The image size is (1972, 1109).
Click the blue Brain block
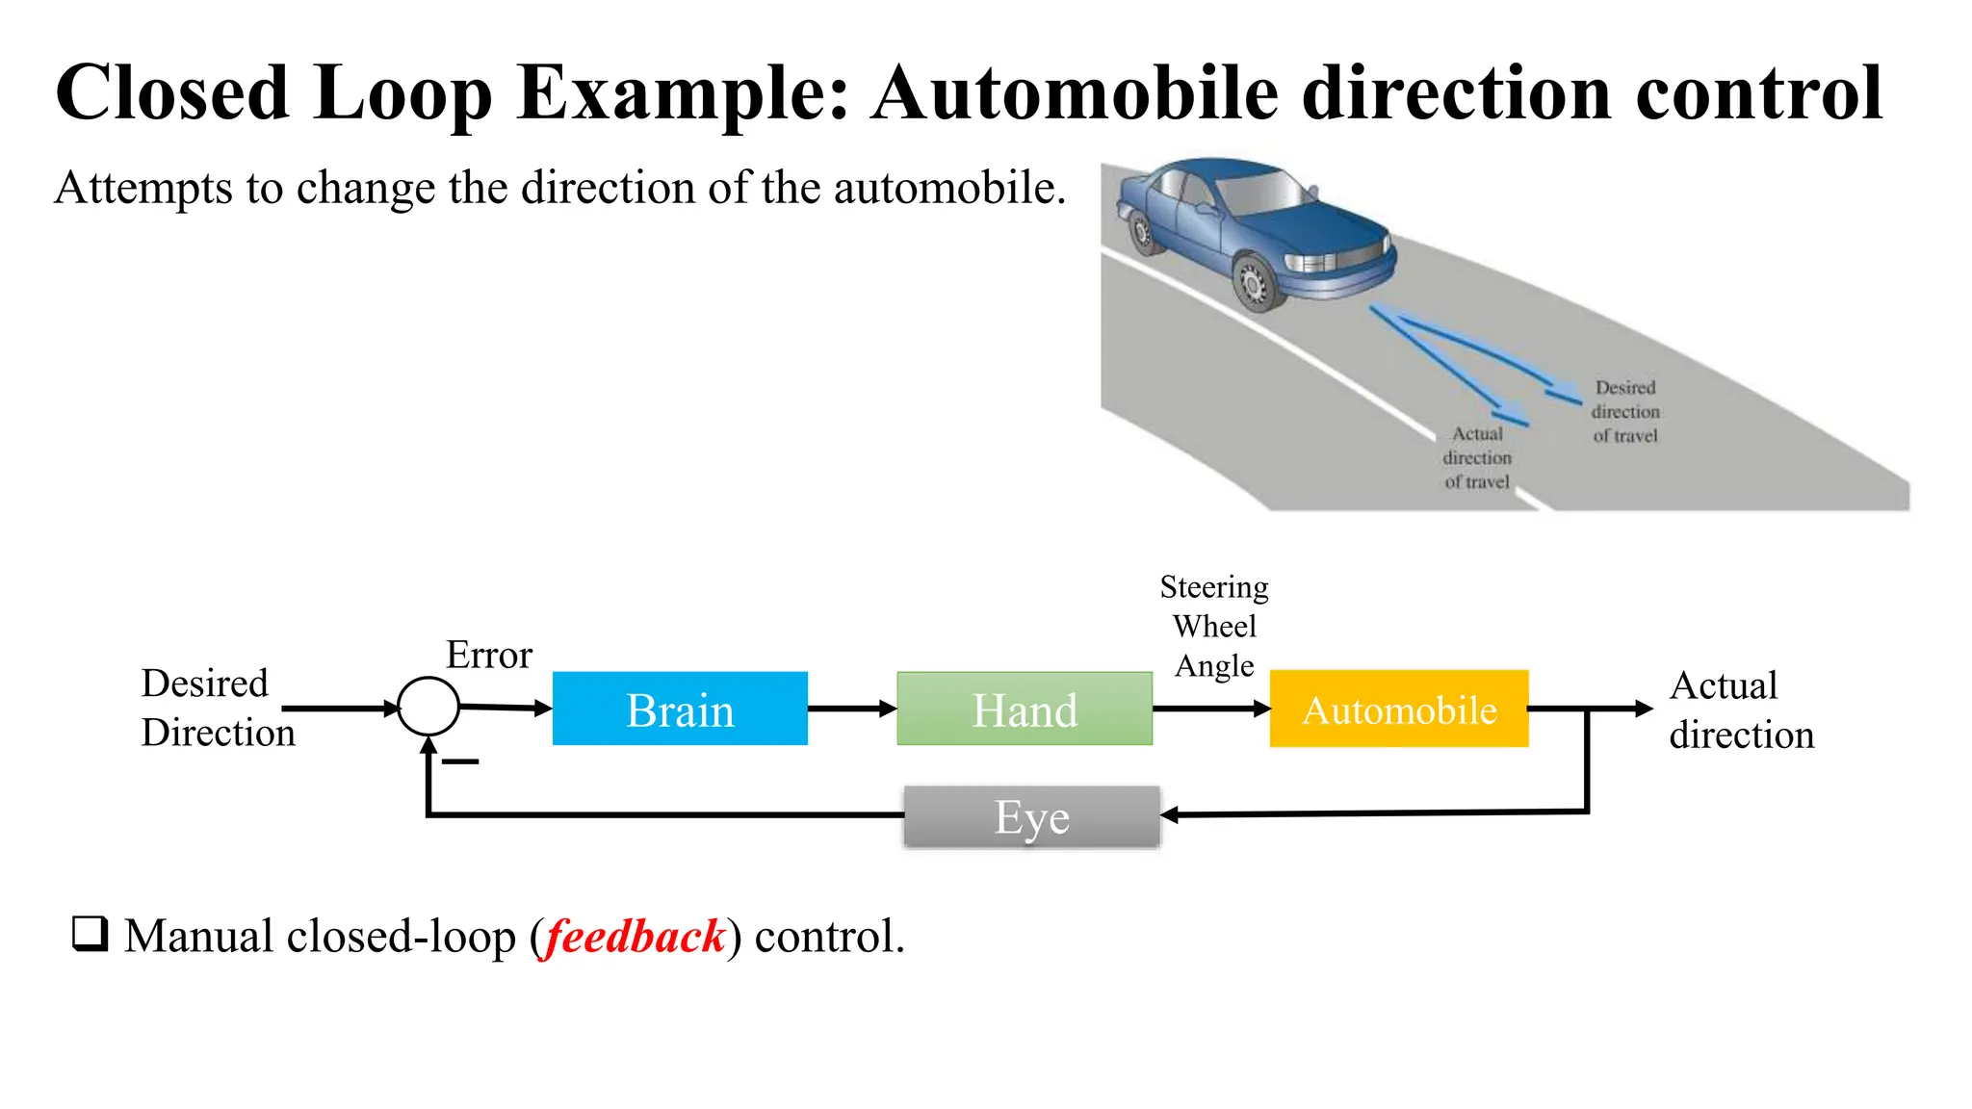tap(680, 709)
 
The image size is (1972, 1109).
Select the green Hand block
tap(1024, 709)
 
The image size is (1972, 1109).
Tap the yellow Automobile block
tap(1398, 709)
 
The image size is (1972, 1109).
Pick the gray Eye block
tap(1031, 817)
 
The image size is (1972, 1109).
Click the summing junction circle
tap(428, 707)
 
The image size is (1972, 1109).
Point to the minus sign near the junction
tap(460, 761)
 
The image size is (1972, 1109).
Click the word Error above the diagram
tap(489, 656)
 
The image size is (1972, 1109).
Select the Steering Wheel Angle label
tap(1214, 627)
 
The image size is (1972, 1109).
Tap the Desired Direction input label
tap(217, 708)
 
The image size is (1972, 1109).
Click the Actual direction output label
tap(1740, 710)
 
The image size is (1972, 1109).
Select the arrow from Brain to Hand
tap(852, 709)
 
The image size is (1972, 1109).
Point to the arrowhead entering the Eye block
tap(1170, 815)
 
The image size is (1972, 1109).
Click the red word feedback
tap(636, 937)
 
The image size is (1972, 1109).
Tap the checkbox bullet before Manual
tap(91, 934)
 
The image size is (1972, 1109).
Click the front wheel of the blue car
tap(1254, 282)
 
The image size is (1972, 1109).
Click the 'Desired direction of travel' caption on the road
tap(1625, 412)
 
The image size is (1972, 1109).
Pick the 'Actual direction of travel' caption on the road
tap(1477, 458)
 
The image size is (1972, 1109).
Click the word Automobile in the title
tap(1075, 93)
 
